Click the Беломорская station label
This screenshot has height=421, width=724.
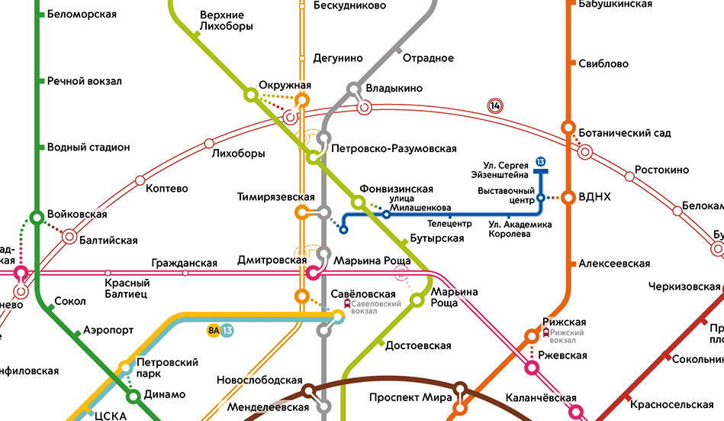[82, 15]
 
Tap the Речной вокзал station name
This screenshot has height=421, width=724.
[84, 81]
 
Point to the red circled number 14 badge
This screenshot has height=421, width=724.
[497, 106]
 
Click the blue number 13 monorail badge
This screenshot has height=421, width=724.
[540, 161]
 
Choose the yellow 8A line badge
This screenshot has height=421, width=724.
[213, 330]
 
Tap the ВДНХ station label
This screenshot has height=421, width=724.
[595, 197]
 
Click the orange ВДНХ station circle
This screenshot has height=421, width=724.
[568, 197]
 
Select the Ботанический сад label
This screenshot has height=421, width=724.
[625, 133]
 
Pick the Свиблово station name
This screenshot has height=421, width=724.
[603, 64]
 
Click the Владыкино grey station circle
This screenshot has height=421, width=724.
[355, 89]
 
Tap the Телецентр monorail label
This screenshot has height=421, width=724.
[449, 225]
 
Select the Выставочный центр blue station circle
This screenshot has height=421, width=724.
[540, 198]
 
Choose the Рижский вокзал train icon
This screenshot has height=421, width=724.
[545, 332]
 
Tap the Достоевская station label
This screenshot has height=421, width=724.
[418, 345]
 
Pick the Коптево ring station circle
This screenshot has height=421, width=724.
[140, 181]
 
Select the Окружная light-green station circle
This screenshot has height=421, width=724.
[249, 95]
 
